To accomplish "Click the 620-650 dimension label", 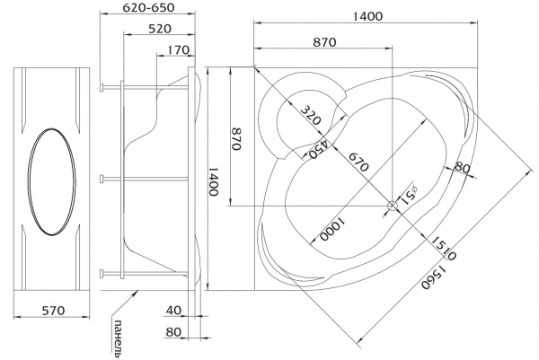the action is click(148, 7).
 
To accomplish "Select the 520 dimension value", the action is click(160, 29).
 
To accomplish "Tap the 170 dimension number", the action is click(179, 49).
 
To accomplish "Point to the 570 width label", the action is click(53, 311).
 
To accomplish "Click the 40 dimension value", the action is click(173, 311).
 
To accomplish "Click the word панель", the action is click(118, 338).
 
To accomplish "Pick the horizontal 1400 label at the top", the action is click(367, 16).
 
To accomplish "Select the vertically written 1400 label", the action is click(214, 181).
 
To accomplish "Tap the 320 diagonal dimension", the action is click(311, 115).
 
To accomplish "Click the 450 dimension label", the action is click(318, 148).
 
